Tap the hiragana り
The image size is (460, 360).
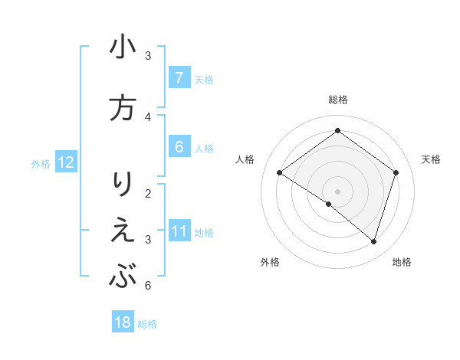coord(123,185)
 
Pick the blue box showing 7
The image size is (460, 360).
coord(179,77)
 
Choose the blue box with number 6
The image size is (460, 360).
coord(179,147)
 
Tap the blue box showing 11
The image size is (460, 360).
coord(179,231)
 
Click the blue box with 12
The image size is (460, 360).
coord(65,162)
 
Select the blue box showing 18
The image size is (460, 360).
coord(123,322)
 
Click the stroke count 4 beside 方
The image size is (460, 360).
coord(148,116)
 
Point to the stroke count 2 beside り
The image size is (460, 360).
coord(148,192)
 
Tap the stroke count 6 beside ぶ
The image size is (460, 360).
coord(148,286)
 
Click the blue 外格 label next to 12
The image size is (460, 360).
coord(41,163)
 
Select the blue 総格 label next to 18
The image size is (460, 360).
coord(148,323)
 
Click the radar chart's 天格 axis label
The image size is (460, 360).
coord(432,159)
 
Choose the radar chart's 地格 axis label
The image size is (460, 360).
coord(402,262)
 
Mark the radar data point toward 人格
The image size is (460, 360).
coord(279,172)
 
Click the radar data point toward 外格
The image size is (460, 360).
coord(329,205)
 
